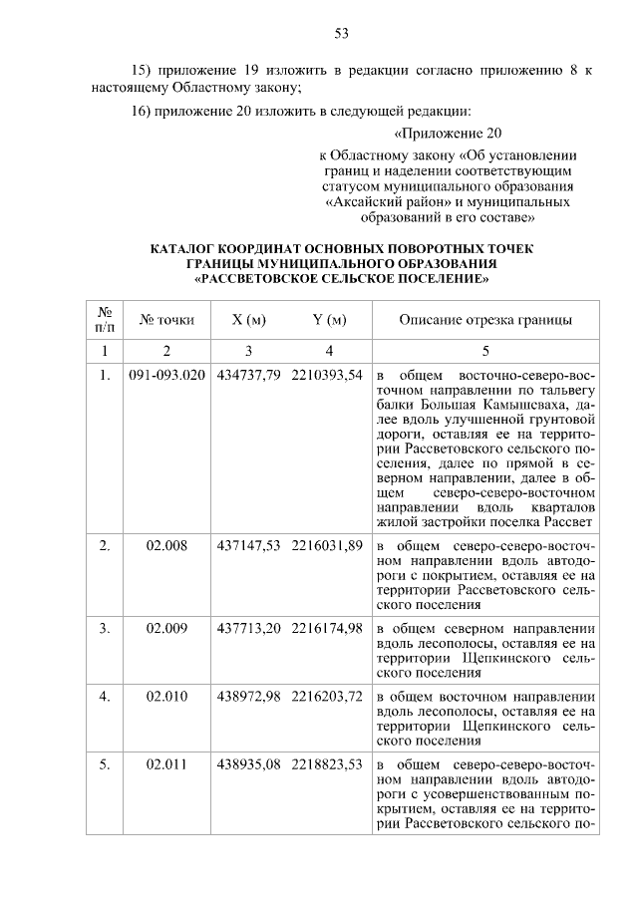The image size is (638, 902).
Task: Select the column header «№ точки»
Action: (166, 320)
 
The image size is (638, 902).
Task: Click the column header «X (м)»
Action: (248, 320)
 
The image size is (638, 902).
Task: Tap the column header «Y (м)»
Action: (328, 320)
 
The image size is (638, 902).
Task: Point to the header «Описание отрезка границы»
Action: (485, 320)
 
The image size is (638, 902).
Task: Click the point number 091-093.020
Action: (166, 375)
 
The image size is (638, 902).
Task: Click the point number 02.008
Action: (166, 546)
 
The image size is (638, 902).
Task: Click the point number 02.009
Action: (166, 628)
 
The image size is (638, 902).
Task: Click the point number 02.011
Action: (166, 764)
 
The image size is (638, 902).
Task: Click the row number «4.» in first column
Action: (104, 696)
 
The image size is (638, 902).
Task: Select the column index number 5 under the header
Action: (485, 351)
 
